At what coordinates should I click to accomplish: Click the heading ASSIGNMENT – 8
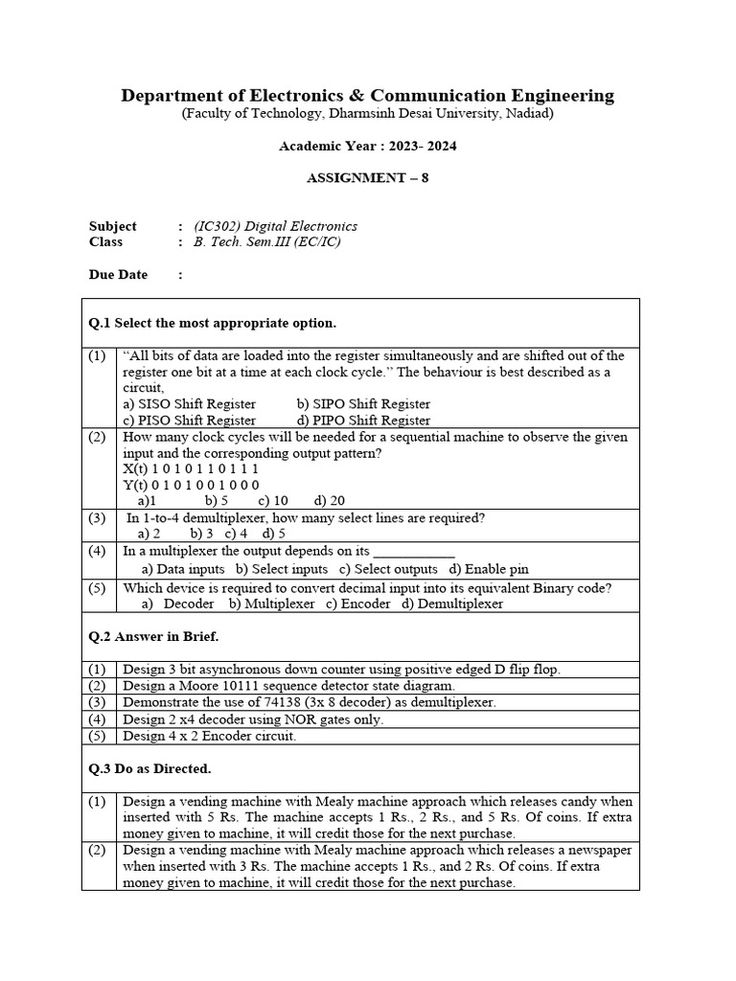point(367,178)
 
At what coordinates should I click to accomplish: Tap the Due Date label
point(118,275)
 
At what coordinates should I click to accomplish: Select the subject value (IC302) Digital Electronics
point(275,226)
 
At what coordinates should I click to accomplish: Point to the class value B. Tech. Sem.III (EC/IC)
point(266,241)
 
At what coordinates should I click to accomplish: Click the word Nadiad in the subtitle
point(528,113)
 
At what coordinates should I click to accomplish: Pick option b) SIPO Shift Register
point(363,404)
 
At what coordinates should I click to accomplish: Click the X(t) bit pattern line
point(191,469)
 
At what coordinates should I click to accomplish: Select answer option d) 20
point(329,501)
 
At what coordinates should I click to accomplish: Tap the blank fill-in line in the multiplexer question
point(413,552)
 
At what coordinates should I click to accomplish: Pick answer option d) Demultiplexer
point(452,605)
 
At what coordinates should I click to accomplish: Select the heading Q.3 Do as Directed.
point(149,768)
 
